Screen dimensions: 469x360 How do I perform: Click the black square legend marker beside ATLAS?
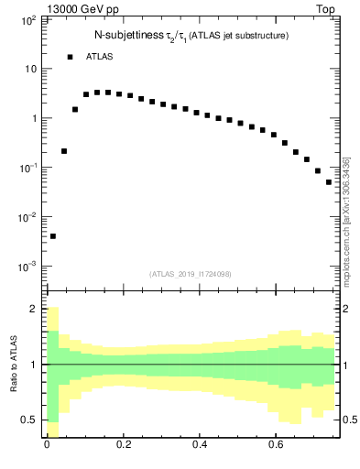coord(70,57)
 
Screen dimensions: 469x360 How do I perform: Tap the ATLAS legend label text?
coord(100,57)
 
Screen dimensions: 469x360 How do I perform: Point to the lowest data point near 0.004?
coord(53,236)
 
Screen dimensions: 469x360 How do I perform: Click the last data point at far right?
coord(329,182)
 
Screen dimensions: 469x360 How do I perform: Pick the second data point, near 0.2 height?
coord(64,151)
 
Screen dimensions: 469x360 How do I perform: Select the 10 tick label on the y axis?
coord(29,69)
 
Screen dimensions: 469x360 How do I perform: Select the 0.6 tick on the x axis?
coord(276,448)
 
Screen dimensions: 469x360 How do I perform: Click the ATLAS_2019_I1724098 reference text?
coord(191,274)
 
